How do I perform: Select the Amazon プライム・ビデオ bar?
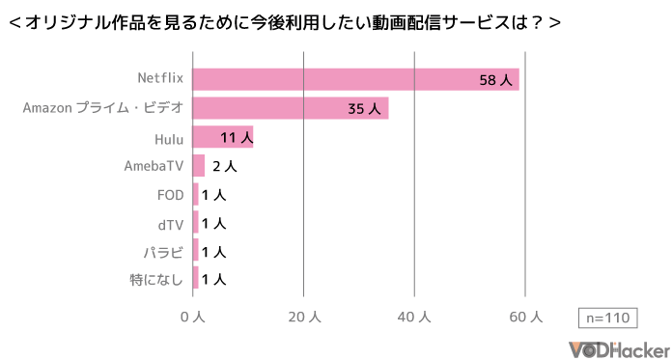click(x=290, y=108)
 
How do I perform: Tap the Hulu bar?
click(x=222, y=137)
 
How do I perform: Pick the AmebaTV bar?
click(x=198, y=166)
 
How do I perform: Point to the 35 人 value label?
click(x=364, y=109)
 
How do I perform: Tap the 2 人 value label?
click(x=224, y=166)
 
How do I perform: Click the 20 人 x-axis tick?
click(x=304, y=317)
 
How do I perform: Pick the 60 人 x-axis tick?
click(x=525, y=317)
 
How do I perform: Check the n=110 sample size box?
click(x=607, y=318)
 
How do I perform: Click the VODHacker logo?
click(x=619, y=347)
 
